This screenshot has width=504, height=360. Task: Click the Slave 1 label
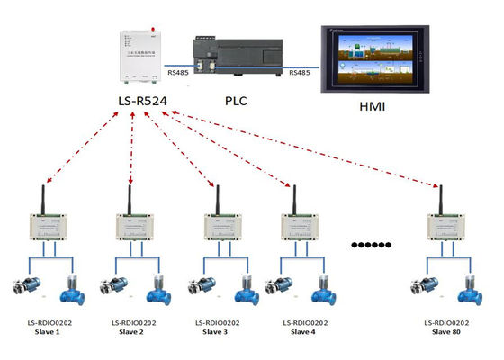click(x=45, y=331)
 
